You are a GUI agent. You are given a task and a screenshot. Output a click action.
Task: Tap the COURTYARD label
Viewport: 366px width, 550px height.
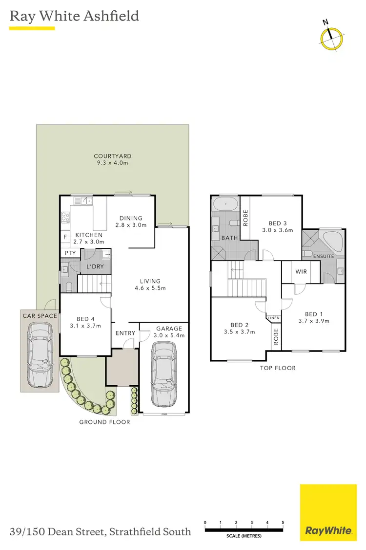(113, 156)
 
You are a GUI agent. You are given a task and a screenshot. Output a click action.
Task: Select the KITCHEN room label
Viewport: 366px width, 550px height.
(89, 235)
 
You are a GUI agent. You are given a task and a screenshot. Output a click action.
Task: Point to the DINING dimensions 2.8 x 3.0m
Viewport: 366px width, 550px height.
(130, 225)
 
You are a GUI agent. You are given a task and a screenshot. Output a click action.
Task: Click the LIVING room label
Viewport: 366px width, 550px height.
(150, 281)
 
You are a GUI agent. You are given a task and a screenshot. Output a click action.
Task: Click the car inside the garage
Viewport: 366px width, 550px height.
(163, 374)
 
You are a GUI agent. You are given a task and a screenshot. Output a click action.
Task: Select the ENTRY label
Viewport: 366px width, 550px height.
(125, 333)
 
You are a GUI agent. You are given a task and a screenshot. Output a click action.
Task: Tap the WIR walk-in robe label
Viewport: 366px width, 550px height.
(301, 271)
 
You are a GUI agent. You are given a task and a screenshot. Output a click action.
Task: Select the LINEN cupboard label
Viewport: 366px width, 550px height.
(273, 318)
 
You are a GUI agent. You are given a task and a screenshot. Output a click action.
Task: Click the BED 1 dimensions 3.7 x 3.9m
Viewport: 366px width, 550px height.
(314, 321)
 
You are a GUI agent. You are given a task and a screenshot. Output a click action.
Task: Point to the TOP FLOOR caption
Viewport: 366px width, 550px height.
(278, 368)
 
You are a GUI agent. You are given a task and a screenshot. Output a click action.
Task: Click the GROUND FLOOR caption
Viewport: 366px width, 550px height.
(105, 421)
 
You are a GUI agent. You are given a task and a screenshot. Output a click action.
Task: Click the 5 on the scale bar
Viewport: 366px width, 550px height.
(283, 523)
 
